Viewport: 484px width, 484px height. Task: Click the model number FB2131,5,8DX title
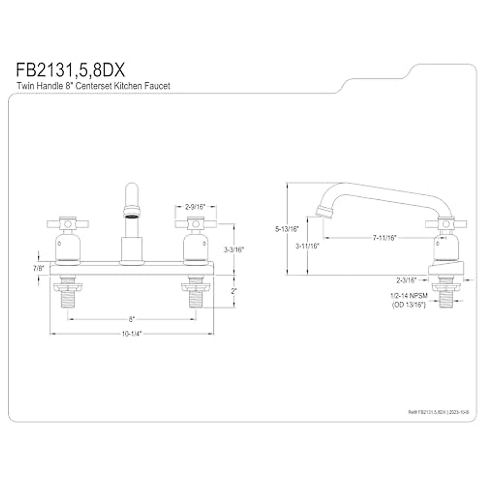coord(71,70)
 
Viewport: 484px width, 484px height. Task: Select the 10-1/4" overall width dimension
coord(131,334)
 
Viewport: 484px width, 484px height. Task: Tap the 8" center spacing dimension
coord(131,319)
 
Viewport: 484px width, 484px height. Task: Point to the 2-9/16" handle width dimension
coord(195,207)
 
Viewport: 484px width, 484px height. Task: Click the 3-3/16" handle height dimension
coord(234,249)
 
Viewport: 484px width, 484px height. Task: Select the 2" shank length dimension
coord(234,291)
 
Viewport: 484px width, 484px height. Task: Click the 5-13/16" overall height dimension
coord(287,229)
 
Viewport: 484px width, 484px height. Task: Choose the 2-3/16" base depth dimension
coord(406,279)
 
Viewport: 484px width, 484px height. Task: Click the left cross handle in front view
coord(68,223)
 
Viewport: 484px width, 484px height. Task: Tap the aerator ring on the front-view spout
coord(132,211)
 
